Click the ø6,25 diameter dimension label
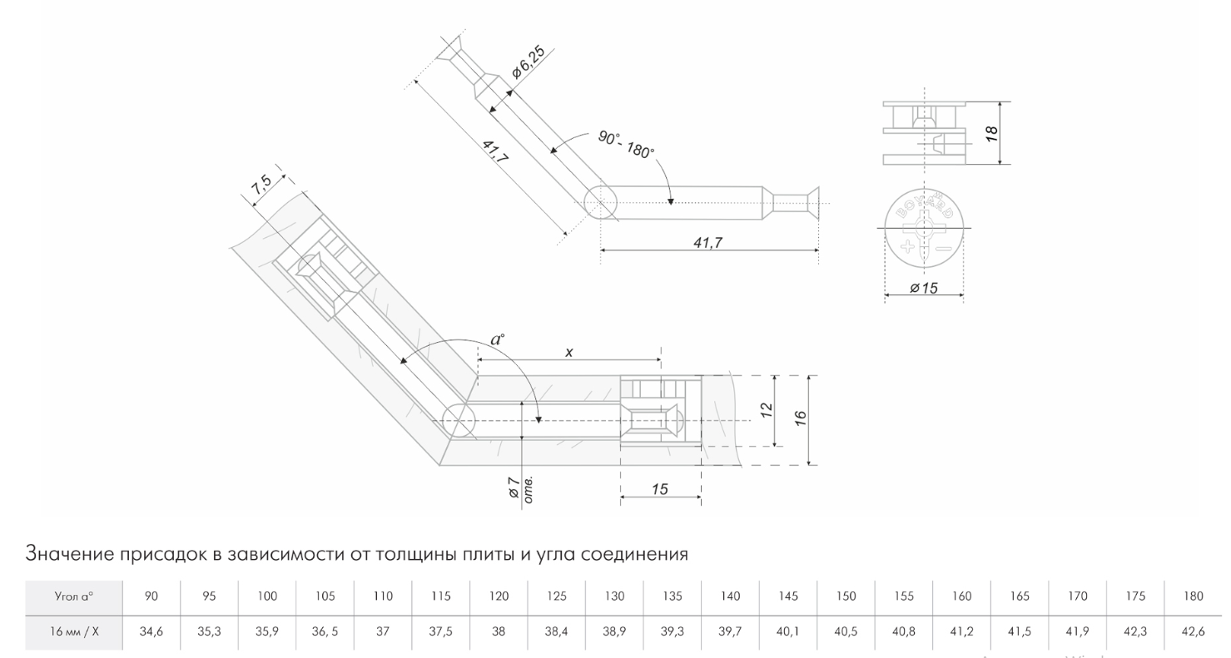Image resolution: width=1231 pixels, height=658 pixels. pyautogui.click(x=529, y=63)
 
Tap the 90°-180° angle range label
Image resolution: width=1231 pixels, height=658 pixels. pyautogui.click(x=626, y=146)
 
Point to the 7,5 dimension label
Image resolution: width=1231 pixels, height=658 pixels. pyautogui.click(x=261, y=184)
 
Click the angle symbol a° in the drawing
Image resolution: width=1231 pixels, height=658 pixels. pyautogui.click(x=497, y=339)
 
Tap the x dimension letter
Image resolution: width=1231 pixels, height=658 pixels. pyautogui.click(x=569, y=352)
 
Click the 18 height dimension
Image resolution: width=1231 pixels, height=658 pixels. pyautogui.click(x=992, y=132)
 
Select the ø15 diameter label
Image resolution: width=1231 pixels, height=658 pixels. pyautogui.click(x=924, y=288)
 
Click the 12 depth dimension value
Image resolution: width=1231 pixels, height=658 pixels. pyautogui.click(x=767, y=409)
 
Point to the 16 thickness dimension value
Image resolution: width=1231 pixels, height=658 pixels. pyautogui.click(x=800, y=418)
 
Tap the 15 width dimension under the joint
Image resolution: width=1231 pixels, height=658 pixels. pyautogui.click(x=659, y=489)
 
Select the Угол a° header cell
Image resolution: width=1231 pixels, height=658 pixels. pyautogui.click(x=73, y=596)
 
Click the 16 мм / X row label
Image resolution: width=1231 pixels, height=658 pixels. pyautogui.click(x=73, y=631)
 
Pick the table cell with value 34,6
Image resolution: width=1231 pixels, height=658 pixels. pyautogui.click(x=151, y=631)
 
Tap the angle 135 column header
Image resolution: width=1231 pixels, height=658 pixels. pyautogui.click(x=673, y=596)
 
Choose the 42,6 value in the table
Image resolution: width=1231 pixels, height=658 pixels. pyautogui.click(x=1193, y=631)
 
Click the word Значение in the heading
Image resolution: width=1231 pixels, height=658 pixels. pyautogui.click(x=67, y=553)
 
